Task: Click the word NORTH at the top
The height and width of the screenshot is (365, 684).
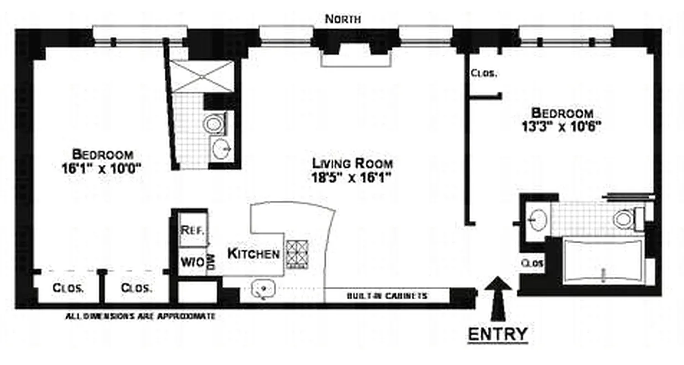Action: [x=342, y=19]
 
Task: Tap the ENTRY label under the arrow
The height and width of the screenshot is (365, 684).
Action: [x=497, y=334]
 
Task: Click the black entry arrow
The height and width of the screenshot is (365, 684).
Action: [x=497, y=297]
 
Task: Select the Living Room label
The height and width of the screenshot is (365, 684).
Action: [x=352, y=163]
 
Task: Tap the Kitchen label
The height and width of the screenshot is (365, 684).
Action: [x=254, y=254]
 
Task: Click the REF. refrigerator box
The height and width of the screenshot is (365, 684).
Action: [x=192, y=229]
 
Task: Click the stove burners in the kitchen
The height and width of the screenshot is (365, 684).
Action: [x=297, y=253]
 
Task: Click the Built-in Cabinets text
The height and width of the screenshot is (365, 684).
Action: [x=387, y=296]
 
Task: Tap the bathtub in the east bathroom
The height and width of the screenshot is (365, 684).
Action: [x=603, y=261]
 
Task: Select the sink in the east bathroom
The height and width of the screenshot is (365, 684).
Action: [x=538, y=218]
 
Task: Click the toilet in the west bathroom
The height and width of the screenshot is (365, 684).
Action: [x=213, y=123]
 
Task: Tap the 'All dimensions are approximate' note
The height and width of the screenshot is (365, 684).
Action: [x=140, y=315]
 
